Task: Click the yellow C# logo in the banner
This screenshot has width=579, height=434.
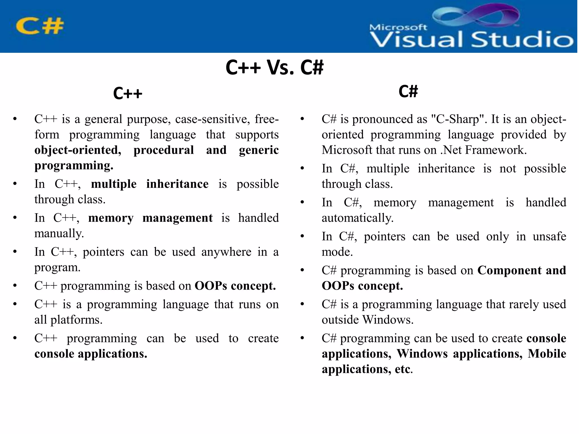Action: coord(40,26)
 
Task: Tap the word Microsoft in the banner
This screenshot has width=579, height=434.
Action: coord(398,27)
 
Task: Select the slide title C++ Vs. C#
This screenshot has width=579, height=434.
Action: coord(274,68)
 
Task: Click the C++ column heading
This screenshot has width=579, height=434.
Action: coord(128,94)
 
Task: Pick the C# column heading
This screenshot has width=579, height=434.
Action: coord(408,91)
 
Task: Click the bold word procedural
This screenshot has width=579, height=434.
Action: coord(164,150)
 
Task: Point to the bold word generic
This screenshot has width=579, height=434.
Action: coord(259,150)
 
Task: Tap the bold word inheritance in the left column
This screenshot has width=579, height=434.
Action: coord(177,184)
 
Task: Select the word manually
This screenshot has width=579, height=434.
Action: coord(59,233)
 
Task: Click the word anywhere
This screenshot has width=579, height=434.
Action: coord(226,252)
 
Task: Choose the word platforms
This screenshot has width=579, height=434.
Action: coord(76,320)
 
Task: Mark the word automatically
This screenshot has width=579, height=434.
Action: coord(357,218)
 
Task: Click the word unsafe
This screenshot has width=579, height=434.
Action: coord(549,236)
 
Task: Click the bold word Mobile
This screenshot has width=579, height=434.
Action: coord(547,354)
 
